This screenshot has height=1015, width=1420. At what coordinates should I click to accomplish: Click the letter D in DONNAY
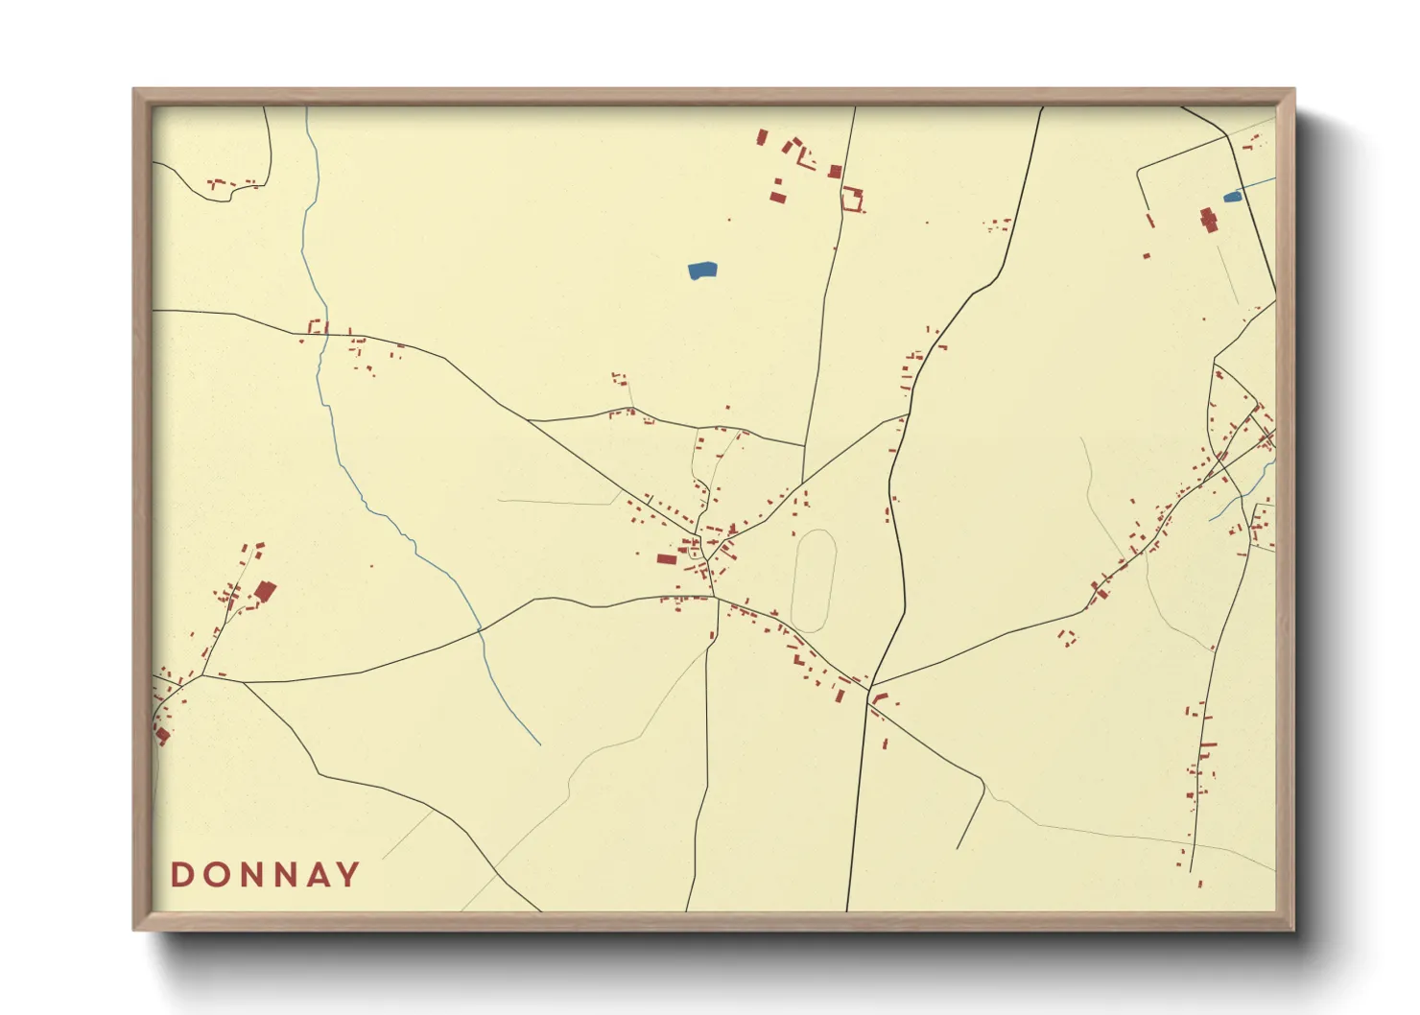click(181, 875)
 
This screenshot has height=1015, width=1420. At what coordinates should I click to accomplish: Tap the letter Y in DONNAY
click(348, 875)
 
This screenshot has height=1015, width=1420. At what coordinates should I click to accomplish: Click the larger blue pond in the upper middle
click(702, 271)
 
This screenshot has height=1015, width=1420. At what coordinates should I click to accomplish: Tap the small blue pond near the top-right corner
click(1232, 197)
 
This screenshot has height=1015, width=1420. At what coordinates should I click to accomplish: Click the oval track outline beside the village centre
click(814, 580)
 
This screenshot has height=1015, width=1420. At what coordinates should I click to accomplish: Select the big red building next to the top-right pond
click(1208, 220)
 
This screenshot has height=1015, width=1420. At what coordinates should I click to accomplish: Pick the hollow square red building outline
click(851, 200)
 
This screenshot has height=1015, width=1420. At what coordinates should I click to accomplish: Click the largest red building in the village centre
click(667, 558)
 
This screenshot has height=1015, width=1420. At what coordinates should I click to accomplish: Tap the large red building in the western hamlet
click(265, 591)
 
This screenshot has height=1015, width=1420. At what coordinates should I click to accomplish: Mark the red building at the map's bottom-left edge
click(162, 735)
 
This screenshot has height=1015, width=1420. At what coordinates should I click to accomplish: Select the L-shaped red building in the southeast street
click(878, 697)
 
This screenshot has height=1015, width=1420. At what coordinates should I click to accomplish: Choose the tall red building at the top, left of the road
click(762, 137)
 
